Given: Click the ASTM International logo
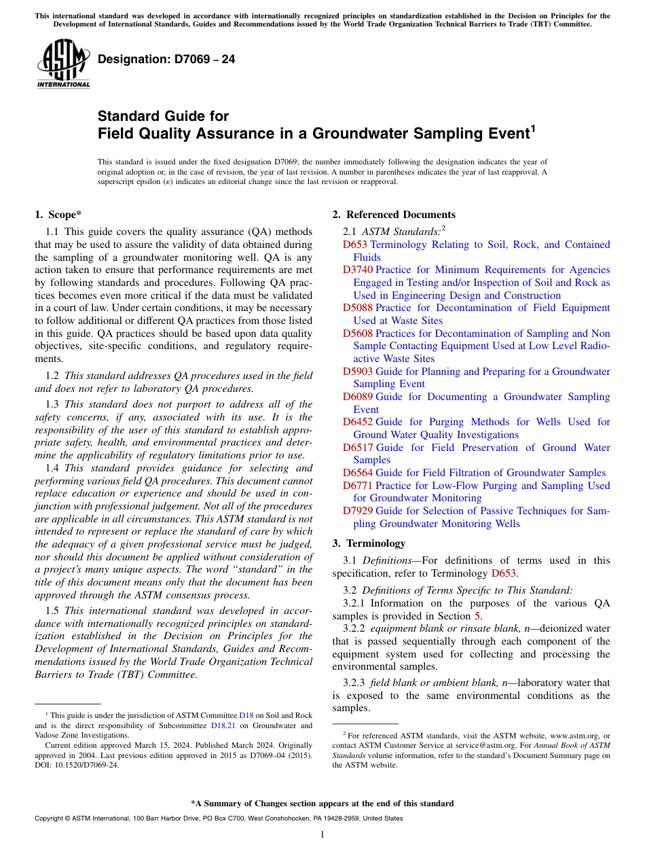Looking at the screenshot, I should tap(63, 64).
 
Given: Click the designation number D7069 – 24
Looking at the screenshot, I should tap(166, 59).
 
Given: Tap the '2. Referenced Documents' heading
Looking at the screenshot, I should tap(394, 215).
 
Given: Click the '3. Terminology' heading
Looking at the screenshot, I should tap(369, 543).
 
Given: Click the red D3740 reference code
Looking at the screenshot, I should tap(357, 270).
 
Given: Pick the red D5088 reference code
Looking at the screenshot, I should tap(357, 308).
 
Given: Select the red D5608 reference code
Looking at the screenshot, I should tap(357, 334).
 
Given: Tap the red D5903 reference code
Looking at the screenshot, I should tap(357, 372).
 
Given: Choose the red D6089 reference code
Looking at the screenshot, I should tap(357, 397).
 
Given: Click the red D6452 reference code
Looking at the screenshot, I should tap(357, 422).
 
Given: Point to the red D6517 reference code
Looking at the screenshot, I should tap(357, 448).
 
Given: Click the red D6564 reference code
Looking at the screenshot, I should tap(357, 473).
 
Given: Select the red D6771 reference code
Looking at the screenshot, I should tap(357, 486).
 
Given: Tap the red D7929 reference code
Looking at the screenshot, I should tap(357, 511).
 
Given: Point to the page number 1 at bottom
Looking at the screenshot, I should tap(322, 834).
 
